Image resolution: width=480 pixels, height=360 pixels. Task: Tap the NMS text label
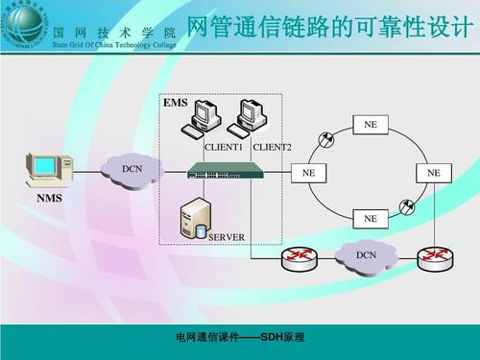tap(49, 199)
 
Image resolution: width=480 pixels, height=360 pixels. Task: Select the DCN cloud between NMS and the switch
tap(132, 169)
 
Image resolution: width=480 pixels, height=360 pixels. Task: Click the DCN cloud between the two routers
tap(366, 254)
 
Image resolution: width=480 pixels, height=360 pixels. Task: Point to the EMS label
tap(175, 103)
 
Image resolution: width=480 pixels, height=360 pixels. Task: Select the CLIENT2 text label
tap(272, 147)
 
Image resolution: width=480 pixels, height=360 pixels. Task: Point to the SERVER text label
tap(227, 236)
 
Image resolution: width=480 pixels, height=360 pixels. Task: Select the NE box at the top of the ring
tap(371, 126)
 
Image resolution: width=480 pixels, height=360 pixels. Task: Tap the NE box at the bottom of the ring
tap(371, 218)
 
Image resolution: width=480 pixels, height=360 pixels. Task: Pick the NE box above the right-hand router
tap(434, 173)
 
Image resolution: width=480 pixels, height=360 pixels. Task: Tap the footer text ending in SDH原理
tap(240, 338)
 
